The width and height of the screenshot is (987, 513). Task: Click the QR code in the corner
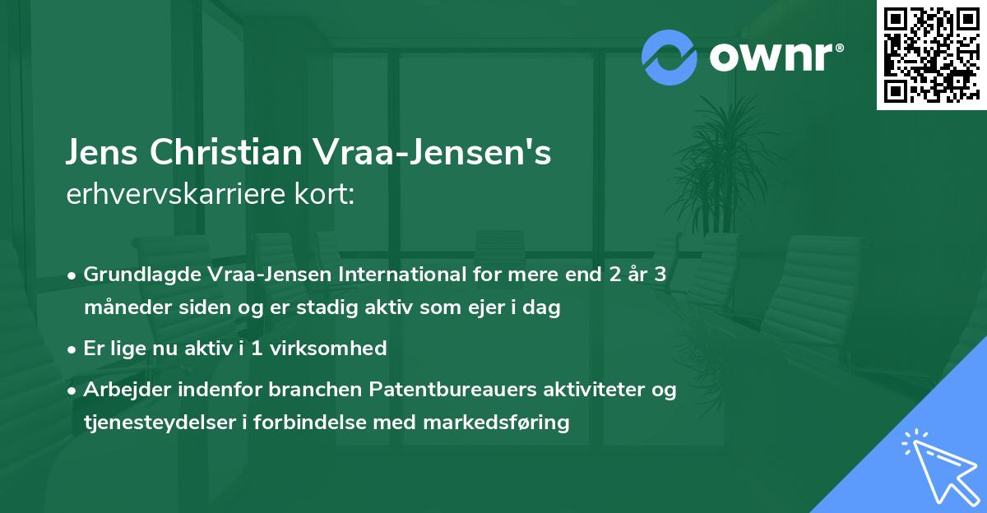coord(932,54)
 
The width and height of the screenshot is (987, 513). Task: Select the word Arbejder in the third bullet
coord(123,390)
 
